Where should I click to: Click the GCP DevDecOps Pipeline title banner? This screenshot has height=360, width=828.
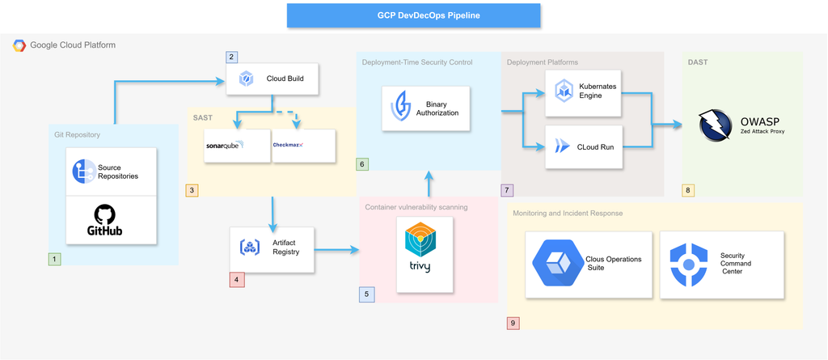click(x=413, y=15)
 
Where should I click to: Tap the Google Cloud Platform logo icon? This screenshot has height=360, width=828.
click(x=19, y=45)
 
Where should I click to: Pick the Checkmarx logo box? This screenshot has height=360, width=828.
click(x=292, y=146)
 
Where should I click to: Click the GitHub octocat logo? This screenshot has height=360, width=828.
click(x=104, y=214)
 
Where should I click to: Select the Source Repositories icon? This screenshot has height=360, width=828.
click(x=84, y=172)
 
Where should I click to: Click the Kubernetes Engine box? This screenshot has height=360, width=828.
click(x=585, y=91)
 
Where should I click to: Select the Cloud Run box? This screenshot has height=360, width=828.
click(x=585, y=146)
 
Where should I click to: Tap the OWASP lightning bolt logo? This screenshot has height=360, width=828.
click(x=715, y=125)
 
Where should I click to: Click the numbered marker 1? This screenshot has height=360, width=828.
click(x=54, y=260)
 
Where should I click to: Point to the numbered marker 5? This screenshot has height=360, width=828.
click(x=366, y=294)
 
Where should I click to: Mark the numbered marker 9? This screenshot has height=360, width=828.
click(x=513, y=323)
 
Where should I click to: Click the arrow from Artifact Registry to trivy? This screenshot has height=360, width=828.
click(x=338, y=250)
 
